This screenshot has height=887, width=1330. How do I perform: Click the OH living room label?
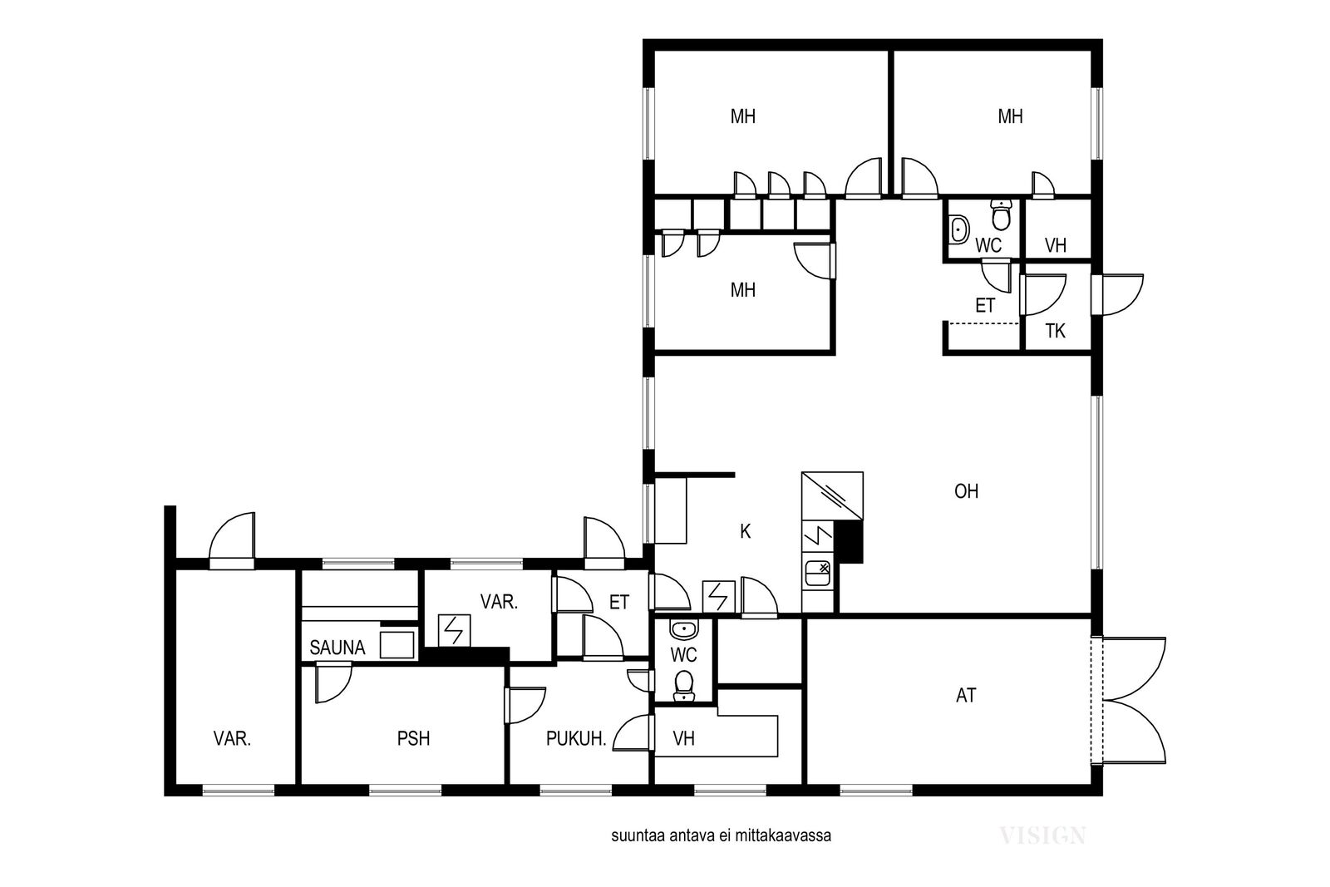(966, 491)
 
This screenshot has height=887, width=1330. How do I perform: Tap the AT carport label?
(966, 695)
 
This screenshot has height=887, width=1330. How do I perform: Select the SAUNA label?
(337, 648)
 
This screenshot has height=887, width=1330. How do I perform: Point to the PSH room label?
(413, 738)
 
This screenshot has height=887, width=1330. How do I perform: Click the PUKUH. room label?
(576, 738)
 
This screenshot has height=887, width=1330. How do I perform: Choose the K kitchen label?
(745, 531)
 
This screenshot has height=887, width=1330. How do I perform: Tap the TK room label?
(1055, 332)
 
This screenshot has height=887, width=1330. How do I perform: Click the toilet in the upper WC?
(1002, 214)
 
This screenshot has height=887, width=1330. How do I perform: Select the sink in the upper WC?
(959, 229)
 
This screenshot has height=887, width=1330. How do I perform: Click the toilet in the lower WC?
(684, 686)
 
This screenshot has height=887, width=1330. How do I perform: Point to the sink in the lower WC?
(684, 629)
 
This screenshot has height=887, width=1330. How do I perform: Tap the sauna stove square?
(397, 645)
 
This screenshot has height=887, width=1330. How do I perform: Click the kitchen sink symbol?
(818, 574)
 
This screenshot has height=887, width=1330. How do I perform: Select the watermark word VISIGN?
(1042, 836)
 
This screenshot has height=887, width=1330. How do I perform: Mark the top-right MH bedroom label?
(1010, 116)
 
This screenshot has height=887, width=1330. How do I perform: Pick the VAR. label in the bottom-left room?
(232, 738)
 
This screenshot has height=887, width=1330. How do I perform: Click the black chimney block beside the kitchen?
(849, 541)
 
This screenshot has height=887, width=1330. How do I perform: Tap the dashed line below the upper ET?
(984, 323)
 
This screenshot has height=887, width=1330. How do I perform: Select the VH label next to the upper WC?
(1055, 245)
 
